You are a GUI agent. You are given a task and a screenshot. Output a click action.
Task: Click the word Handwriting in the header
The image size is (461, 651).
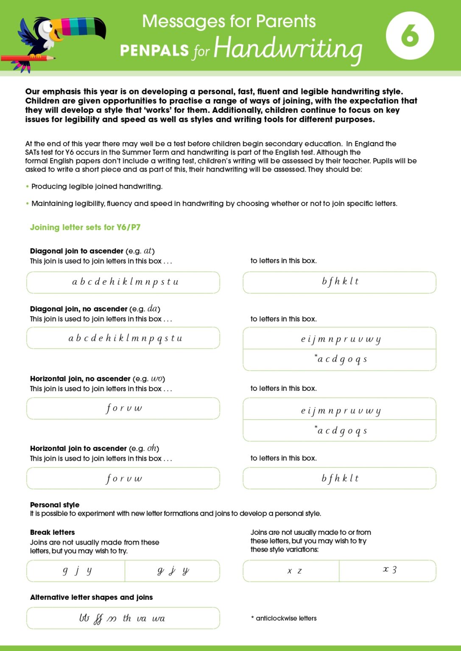288,49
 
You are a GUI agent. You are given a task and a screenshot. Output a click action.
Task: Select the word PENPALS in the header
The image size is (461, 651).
154,50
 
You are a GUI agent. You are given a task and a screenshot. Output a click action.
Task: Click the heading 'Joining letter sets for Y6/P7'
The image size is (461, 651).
85,227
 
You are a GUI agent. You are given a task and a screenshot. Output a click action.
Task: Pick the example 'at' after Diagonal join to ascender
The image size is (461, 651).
148,250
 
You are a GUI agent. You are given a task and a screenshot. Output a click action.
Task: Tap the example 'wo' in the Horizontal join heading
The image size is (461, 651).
157,378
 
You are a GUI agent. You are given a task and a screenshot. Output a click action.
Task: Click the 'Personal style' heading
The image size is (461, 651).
55,504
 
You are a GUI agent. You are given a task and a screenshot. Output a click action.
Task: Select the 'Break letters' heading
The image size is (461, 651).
52,532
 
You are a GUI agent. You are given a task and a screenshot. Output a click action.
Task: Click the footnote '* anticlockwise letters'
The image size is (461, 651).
284,618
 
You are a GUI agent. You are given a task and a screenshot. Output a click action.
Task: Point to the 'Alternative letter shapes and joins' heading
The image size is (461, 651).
91,597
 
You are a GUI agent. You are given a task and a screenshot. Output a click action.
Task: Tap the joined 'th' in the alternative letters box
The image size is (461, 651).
127,618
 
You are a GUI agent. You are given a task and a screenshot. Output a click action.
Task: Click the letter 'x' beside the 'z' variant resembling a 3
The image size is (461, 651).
386,569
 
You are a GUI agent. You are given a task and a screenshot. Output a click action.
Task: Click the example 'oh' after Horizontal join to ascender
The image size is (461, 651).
152,448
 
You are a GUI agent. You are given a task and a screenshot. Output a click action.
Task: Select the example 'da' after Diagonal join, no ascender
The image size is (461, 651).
154,309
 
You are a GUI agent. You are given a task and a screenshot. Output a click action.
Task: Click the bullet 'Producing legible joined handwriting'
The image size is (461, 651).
97,186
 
